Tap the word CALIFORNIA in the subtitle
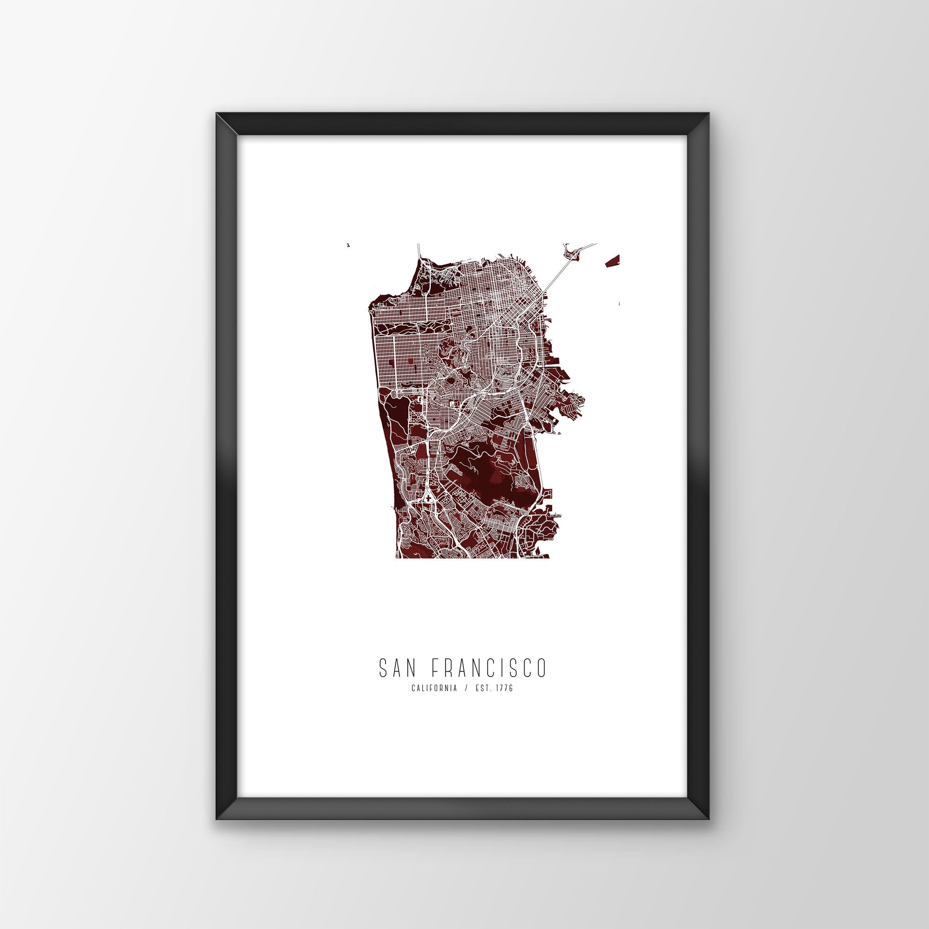click(x=434, y=688)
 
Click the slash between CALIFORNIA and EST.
click(x=465, y=688)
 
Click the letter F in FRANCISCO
click(x=434, y=668)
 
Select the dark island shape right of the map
click(x=612, y=261)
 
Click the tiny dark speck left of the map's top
click(x=347, y=245)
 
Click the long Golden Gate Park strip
click(x=413, y=329)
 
